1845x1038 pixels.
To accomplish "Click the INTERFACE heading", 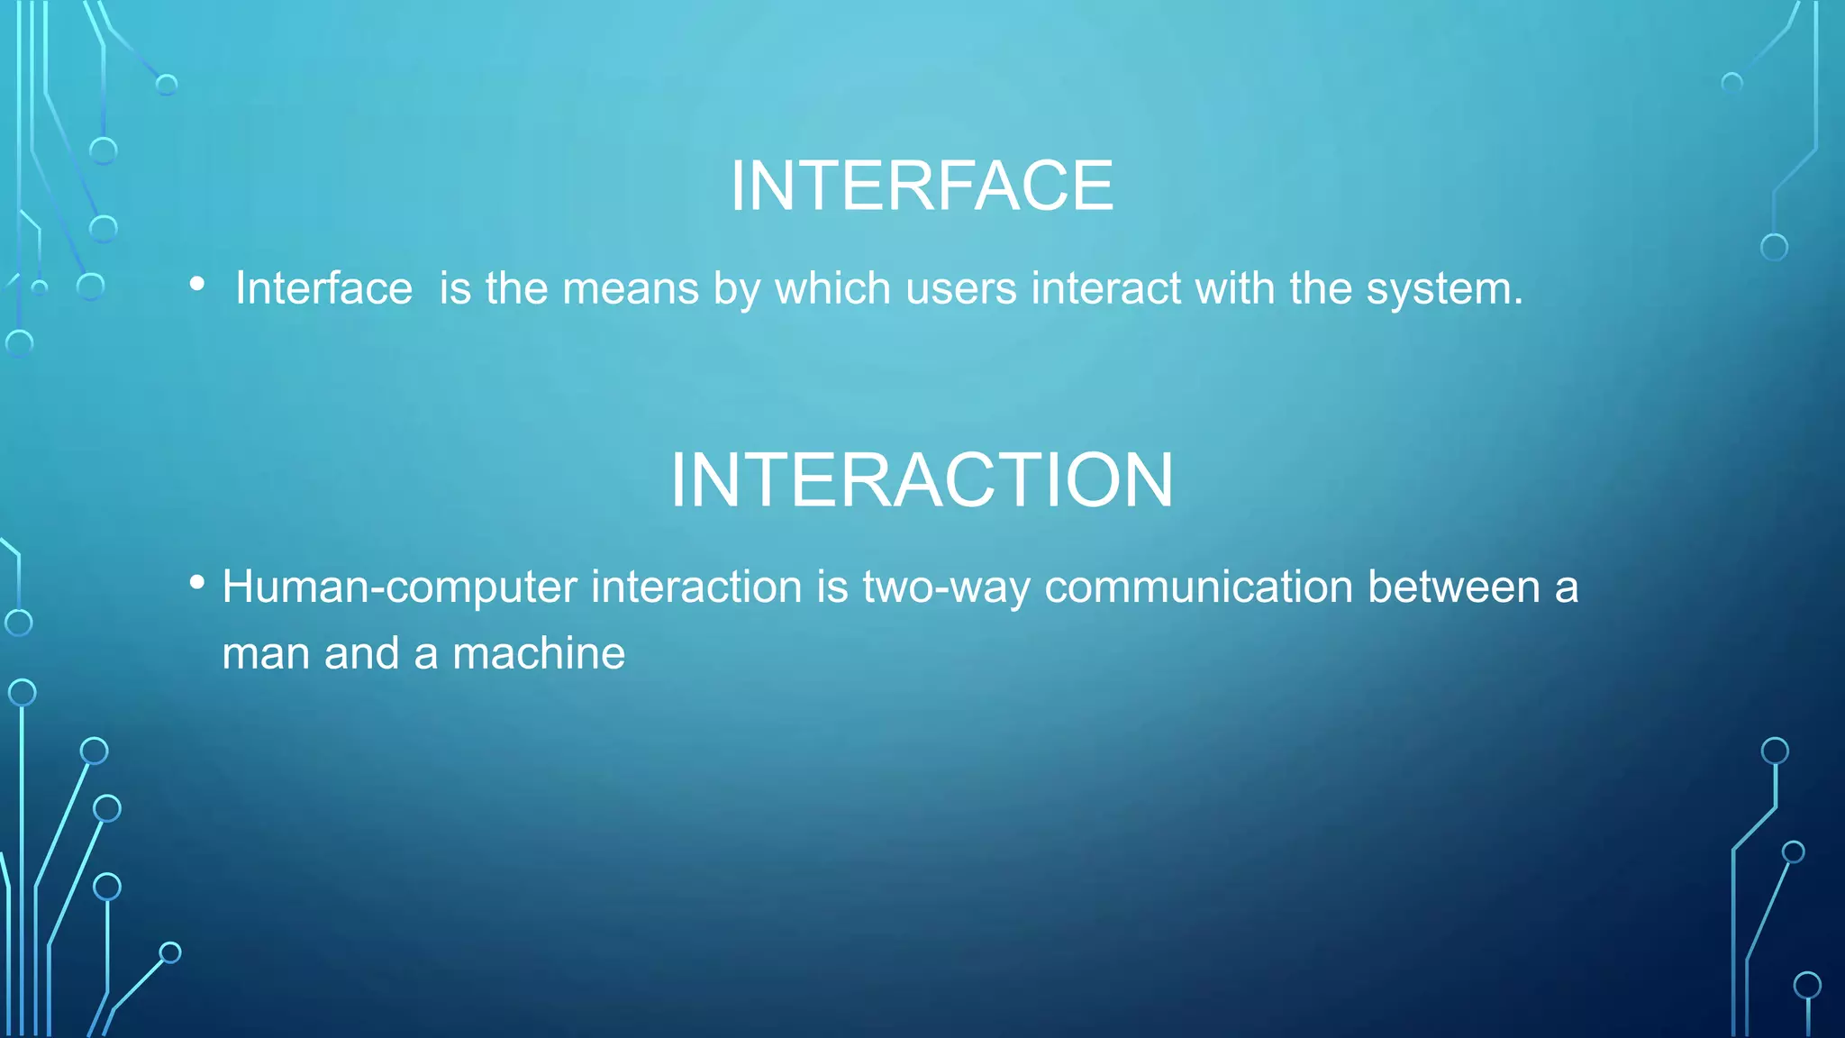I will pos(922,186).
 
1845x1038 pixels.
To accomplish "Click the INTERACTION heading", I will pos(922,479).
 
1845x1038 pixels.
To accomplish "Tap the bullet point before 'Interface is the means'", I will pos(197,285).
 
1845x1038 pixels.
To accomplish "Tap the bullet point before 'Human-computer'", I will pos(197,582).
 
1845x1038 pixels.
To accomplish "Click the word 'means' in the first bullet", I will pos(631,289).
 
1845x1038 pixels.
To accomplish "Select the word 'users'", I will pos(960,289).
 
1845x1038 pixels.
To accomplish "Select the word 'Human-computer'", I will pos(399,587).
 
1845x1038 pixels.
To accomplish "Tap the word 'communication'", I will pos(1198,587).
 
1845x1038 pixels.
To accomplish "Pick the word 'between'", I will pos(1454,587).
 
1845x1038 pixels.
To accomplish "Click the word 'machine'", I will pos(538,653).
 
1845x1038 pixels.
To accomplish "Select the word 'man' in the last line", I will pos(266,653).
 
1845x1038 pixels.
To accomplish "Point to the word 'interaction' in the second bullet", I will pos(696,587).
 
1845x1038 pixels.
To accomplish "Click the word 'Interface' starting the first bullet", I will pos(323,289).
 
